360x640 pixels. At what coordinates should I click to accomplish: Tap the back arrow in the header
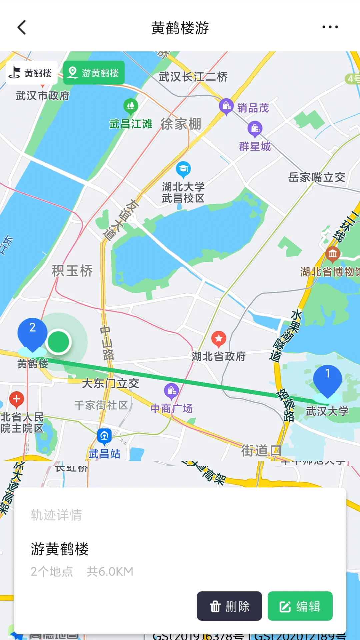(x=22, y=27)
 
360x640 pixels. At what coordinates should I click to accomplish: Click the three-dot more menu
(x=330, y=27)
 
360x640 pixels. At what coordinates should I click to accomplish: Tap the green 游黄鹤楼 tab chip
(x=94, y=73)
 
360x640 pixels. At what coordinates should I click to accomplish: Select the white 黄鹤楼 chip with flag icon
(x=32, y=73)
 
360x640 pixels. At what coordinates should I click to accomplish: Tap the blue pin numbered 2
(x=32, y=333)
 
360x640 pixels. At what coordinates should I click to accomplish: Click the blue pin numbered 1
(x=327, y=380)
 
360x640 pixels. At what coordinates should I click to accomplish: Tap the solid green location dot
(x=58, y=342)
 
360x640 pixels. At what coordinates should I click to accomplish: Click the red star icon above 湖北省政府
(x=219, y=339)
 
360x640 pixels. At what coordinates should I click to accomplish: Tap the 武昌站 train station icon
(x=104, y=436)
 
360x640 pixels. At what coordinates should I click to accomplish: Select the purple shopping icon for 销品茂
(x=226, y=106)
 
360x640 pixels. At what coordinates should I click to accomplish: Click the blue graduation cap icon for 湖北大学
(x=183, y=169)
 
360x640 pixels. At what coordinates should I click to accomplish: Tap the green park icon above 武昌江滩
(x=131, y=106)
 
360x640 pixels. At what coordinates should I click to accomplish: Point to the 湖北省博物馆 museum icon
(x=333, y=254)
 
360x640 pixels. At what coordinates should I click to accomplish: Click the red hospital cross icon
(x=17, y=399)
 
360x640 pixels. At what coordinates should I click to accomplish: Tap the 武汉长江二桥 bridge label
(x=193, y=77)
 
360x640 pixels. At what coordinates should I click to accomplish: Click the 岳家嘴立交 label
(x=317, y=177)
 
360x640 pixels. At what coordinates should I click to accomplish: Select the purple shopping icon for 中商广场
(x=172, y=390)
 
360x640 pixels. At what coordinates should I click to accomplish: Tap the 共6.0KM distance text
(x=110, y=571)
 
